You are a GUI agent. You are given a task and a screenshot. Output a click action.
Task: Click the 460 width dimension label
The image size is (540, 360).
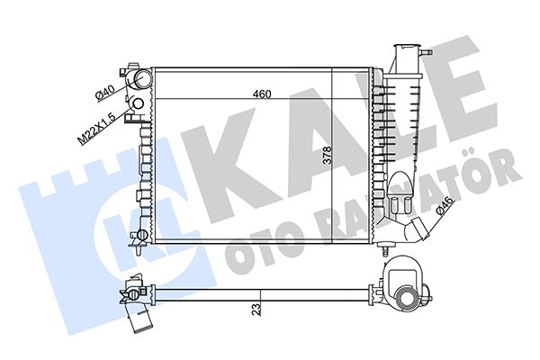pyautogui.click(x=262, y=94)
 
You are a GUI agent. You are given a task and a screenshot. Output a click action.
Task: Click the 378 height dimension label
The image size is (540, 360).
pyautogui.click(x=327, y=155)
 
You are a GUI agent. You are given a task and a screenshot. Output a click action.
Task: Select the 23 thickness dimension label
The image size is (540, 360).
pyautogui.click(x=256, y=310)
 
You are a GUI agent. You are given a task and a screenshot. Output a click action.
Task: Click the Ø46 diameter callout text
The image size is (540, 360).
pyautogui.click(x=445, y=207)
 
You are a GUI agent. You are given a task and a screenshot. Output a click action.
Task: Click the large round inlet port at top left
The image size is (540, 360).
pyautogui.click(x=142, y=79)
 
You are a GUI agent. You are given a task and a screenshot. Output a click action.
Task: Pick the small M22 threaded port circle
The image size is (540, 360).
pyautogui.click(x=138, y=103)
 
